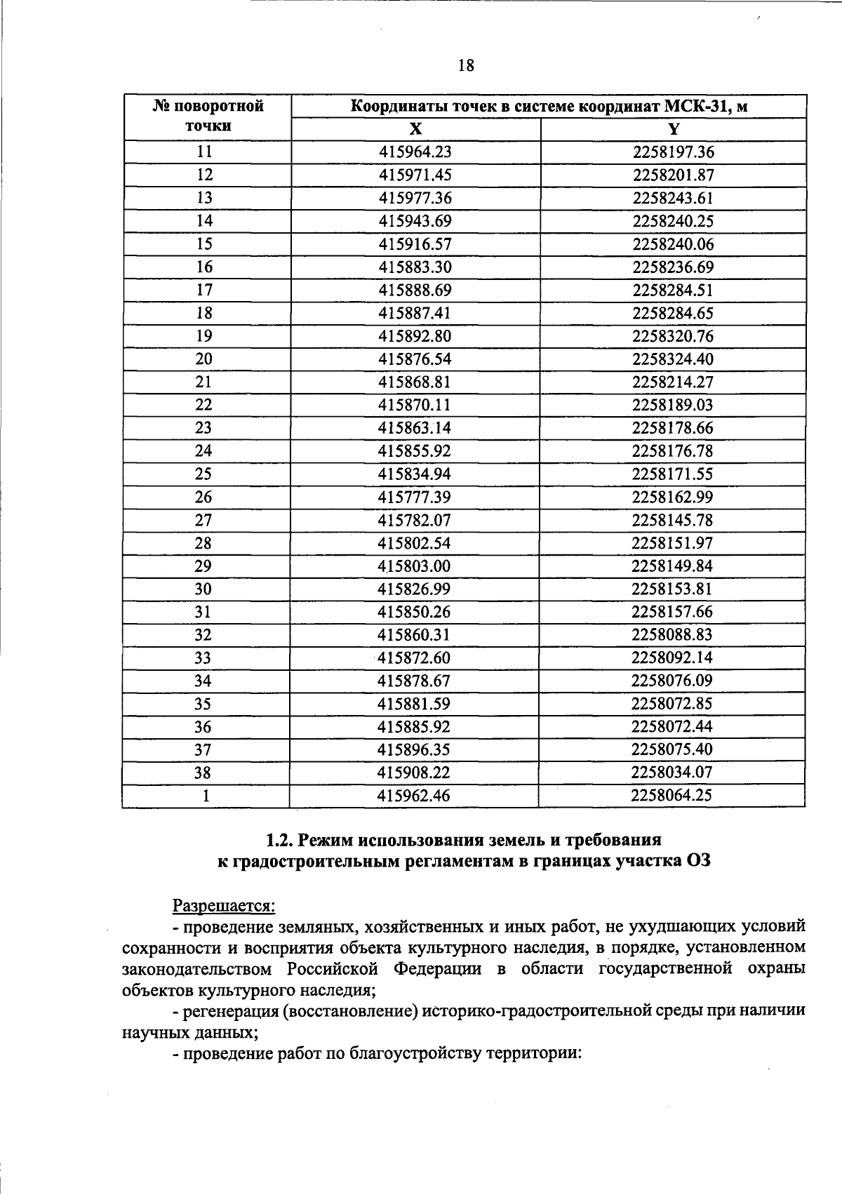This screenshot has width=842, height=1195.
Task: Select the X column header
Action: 416,129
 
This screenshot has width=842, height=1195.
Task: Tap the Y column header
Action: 674,129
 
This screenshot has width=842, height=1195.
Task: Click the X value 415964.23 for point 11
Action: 415,152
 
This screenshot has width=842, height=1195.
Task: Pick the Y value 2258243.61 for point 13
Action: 673,199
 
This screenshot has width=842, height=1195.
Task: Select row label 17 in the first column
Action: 204,291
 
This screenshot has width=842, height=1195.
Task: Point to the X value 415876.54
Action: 415,359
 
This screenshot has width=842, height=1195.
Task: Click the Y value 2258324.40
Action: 673,359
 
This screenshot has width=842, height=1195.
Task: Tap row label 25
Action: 203,474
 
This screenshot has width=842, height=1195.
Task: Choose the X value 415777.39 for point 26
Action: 415,498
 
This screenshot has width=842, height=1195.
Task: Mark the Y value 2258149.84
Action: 672,566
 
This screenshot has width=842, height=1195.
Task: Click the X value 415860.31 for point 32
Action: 415,635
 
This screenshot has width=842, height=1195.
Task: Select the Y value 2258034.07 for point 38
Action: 672,773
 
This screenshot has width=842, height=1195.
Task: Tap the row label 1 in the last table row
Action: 205,796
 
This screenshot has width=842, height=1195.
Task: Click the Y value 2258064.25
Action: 672,796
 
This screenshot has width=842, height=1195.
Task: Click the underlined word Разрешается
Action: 224,906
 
